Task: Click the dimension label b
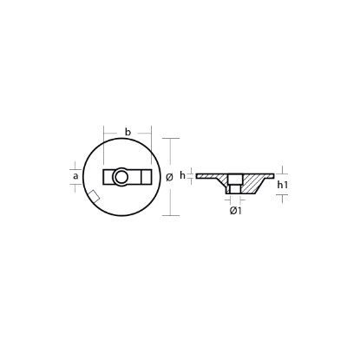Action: (x=128, y=131)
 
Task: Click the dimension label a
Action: (x=76, y=177)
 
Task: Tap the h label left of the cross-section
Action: (x=184, y=176)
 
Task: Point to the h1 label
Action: (x=284, y=186)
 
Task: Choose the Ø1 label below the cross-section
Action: (x=234, y=211)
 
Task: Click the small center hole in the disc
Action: (x=121, y=177)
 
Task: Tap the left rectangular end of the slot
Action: (x=108, y=177)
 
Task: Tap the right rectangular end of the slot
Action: (x=139, y=177)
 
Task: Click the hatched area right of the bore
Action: (x=252, y=183)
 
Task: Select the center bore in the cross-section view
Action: (x=234, y=185)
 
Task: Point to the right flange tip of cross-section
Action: (x=271, y=176)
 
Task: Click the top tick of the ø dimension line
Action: (x=171, y=139)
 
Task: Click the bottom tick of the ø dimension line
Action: (x=171, y=215)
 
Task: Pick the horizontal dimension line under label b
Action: (x=128, y=140)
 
